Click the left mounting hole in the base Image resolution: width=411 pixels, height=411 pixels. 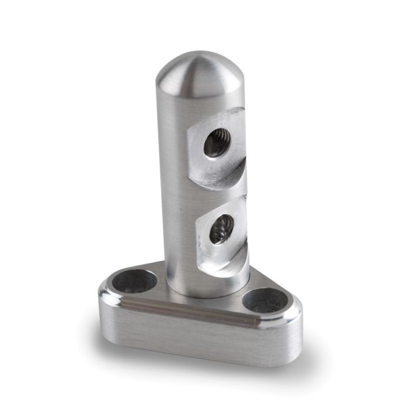pos(137,281)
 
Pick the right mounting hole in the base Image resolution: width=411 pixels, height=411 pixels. pos(266,301)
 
